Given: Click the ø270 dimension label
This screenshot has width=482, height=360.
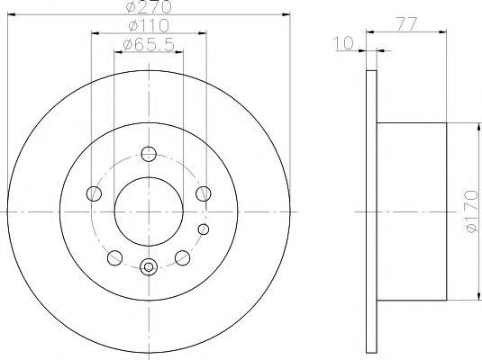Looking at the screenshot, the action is pos(148,7).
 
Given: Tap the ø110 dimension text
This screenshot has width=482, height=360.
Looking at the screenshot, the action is pos(149,26).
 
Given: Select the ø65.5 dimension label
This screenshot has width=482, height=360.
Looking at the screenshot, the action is pos(149,45).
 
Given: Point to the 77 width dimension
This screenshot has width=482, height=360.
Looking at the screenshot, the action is pos(406,24).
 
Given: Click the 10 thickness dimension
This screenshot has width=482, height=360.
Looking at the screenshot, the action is pos(343,43).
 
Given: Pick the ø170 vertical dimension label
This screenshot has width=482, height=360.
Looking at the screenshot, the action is pos(472,211).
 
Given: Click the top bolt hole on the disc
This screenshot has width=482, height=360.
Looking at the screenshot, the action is pos(149,154).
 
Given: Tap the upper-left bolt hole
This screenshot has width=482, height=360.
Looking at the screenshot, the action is pos(94,193).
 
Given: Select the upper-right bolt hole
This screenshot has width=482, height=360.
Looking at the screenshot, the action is pos(204,193).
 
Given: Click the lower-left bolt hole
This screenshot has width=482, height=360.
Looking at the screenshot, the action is pos(115,257).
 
